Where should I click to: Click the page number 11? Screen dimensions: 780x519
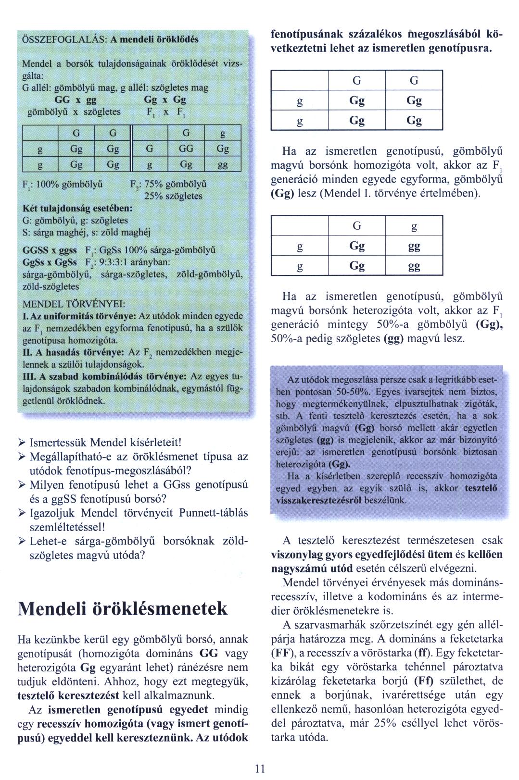[x=260, y=768]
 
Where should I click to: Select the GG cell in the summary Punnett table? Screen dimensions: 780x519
[x=186, y=149]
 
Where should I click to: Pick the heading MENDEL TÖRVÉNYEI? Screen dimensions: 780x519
[x=75, y=304]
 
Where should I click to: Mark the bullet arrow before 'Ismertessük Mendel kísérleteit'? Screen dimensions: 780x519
[x=22, y=442]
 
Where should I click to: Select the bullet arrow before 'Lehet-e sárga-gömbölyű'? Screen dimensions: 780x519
[x=22, y=541]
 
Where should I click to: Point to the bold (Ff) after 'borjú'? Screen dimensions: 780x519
[x=423, y=681]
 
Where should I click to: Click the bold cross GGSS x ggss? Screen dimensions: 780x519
[x=50, y=250]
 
